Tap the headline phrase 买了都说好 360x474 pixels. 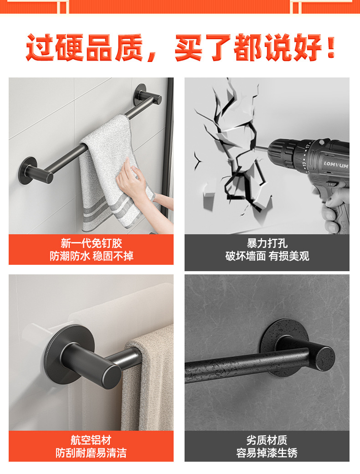(x=255, y=48)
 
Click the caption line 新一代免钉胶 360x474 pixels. (x=91, y=243)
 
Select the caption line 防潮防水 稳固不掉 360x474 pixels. (x=91, y=256)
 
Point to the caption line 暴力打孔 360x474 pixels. (x=267, y=243)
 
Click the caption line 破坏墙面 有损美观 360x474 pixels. (x=267, y=256)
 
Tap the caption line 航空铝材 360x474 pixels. (x=91, y=440)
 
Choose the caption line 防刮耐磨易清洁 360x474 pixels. (x=91, y=453)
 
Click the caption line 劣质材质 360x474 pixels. (x=267, y=440)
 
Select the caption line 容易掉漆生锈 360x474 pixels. (x=267, y=453)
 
